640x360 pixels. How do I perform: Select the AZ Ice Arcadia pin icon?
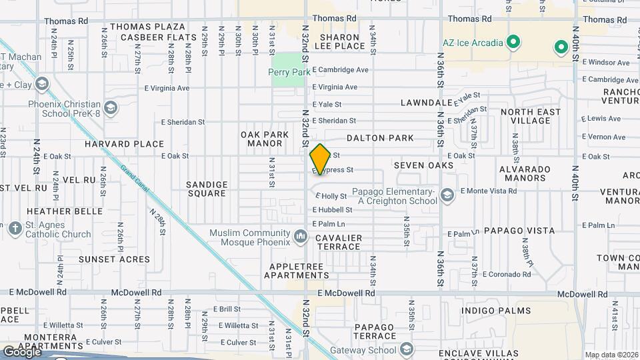513,43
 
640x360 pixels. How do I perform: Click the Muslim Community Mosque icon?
301,235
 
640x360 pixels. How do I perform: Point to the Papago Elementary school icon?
447,195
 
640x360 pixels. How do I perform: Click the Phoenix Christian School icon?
110,107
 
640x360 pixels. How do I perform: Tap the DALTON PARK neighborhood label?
380,139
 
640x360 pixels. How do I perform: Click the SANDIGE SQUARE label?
207,189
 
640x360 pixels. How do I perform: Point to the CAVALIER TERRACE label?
339,242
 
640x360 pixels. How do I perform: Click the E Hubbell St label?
332,210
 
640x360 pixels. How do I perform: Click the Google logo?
22,352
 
